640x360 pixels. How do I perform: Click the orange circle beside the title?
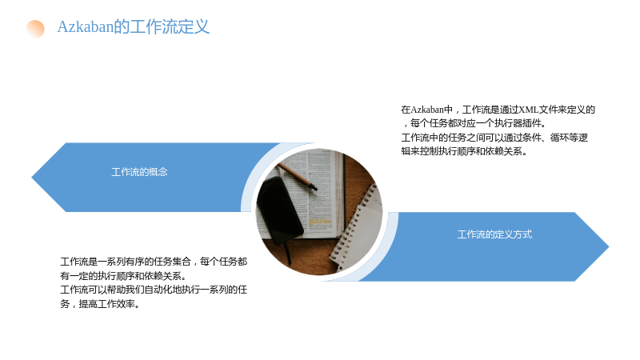pos(35,29)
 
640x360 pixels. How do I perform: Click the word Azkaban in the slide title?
pos(86,27)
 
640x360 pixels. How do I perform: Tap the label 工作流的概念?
pos(139,172)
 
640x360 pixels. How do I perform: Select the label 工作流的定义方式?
pos(494,234)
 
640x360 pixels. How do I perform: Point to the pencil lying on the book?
pos(297,176)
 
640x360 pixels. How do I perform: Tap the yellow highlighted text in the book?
pos(320,222)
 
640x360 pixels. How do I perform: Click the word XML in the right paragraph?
pos(528,110)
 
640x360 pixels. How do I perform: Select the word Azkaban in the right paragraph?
pos(427,110)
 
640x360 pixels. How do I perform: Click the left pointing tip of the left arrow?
pos(32,177)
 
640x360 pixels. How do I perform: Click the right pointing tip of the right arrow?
pos(608,246)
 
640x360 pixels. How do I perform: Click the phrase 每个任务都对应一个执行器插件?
pos(475,123)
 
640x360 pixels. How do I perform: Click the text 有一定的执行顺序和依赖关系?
pos(121,276)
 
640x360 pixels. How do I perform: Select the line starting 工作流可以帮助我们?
pos(154,290)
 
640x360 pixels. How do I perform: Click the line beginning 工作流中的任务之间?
pos(494,138)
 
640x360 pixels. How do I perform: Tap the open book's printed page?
pos(322,192)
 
